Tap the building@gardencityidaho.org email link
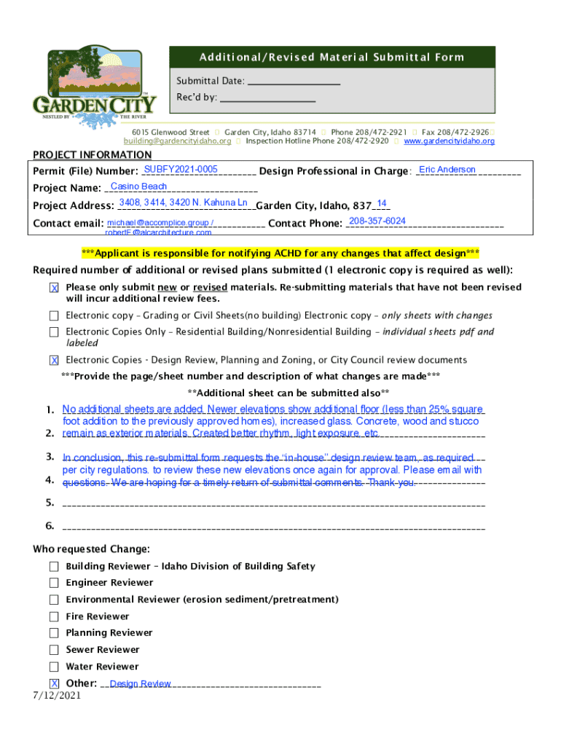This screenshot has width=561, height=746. pyautogui.click(x=177, y=141)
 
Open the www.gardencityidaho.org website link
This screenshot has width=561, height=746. pyautogui.click(x=449, y=141)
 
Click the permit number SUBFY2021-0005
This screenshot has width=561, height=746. pyautogui.click(x=181, y=170)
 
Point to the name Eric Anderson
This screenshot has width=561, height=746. pyautogui.click(x=447, y=170)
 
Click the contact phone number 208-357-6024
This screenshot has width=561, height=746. pyautogui.click(x=377, y=221)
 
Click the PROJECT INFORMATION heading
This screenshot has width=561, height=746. pyautogui.click(x=93, y=154)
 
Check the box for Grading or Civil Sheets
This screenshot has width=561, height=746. pyautogui.click(x=55, y=316)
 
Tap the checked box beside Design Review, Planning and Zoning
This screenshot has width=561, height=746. pyautogui.click(x=55, y=361)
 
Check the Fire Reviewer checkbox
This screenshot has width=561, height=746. pyautogui.click(x=55, y=616)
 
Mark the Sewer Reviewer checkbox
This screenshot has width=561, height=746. pyautogui.click(x=55, y=650)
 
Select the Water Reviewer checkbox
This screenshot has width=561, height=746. pyautogui.click(x=55, y=667)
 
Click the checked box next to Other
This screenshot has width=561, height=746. pyautogui.click(x=55, y=683)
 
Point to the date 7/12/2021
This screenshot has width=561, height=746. pyautogui.click(x=56, y=696)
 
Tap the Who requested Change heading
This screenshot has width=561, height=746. pyautogui.click(x=92, y=549)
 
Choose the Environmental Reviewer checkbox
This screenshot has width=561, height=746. pyautogui.click(x=55, y=600)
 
